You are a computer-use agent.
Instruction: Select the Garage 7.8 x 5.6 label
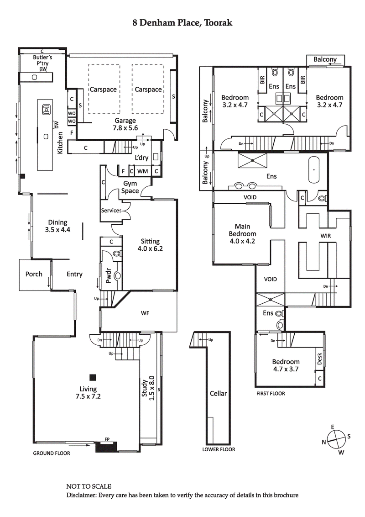(125, 124)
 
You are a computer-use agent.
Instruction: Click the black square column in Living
(93, 377)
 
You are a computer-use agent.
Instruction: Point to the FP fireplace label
(107, 439)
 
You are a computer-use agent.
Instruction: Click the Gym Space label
(130, 187)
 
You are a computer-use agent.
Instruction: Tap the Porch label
(34, 274)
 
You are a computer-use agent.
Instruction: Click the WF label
(146, 313)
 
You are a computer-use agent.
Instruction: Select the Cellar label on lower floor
(218, 393)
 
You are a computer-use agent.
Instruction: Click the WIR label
(325, 236)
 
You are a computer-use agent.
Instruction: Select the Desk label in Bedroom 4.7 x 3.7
(319, 359)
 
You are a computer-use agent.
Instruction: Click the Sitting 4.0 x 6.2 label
(150, 245)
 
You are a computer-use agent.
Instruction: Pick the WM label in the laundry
(142, 171)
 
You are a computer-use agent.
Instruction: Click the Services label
(111, 211)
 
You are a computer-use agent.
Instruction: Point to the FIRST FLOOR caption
(271, 393)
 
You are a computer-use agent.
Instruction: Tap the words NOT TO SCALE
(89, 487)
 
